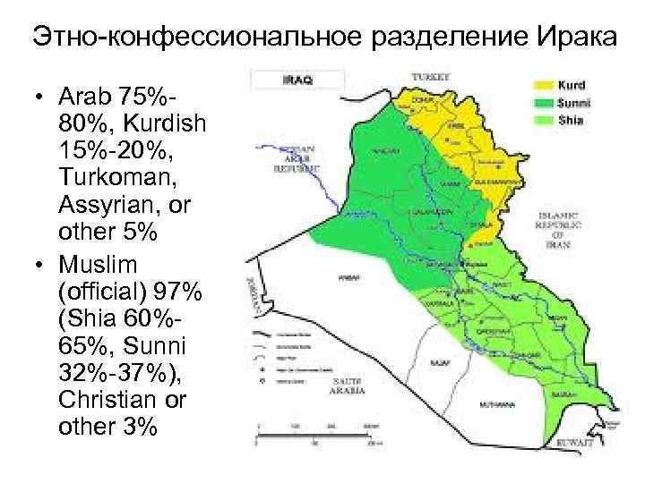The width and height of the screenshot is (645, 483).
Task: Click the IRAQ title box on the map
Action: [297, 80]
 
